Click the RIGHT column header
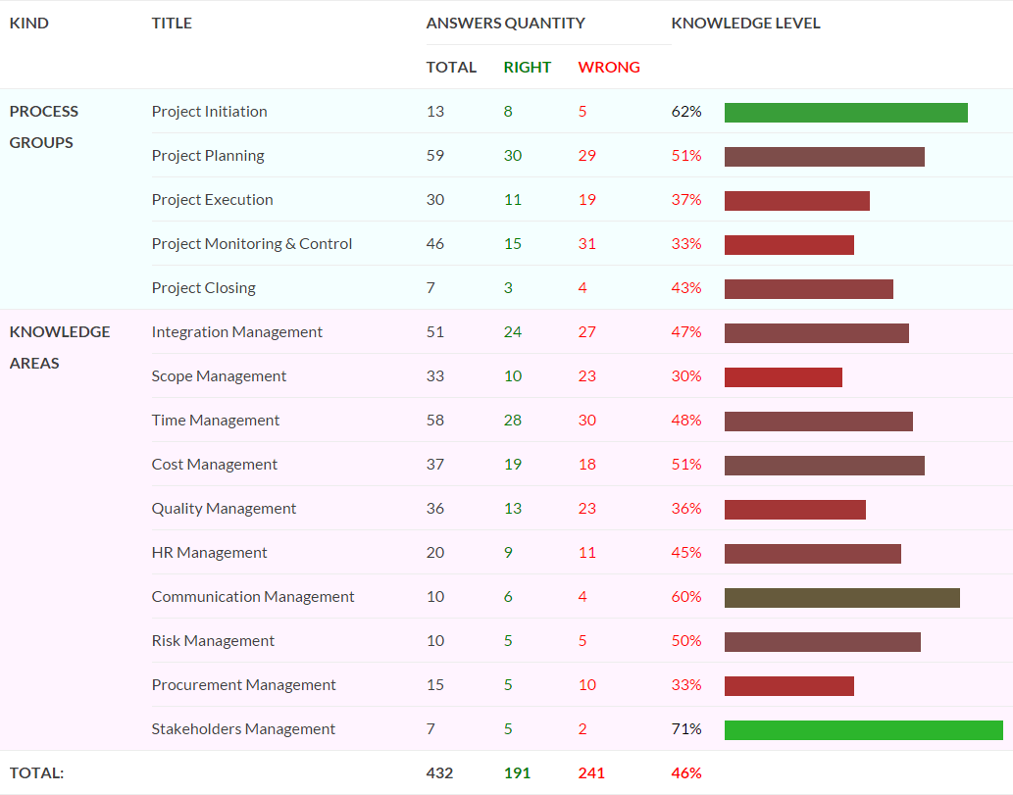tap(528, 68)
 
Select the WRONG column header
tap(609, 68)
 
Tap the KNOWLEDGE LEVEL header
tap(745, 24)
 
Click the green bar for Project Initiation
tap(845, 113)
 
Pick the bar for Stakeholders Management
tap(864, 729)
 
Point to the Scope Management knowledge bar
tap(783, 377)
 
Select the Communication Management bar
tap(841, 597)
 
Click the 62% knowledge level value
tap(686, 112)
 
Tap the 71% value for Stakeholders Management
tap(686, 729)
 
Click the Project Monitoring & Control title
tap(252, 243)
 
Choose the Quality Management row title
tap(224, 509)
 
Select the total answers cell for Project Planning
tap(434, 156)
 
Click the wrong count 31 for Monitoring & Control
tap(586, 243)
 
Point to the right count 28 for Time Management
tap(512, 421)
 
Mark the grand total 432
tap(439, 773)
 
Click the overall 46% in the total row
tap(686, 773)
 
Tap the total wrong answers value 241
tap(591, 773)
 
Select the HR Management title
tap(209, 553)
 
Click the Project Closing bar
tap(809, 288)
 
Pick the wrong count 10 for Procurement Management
tap(586, 685)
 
